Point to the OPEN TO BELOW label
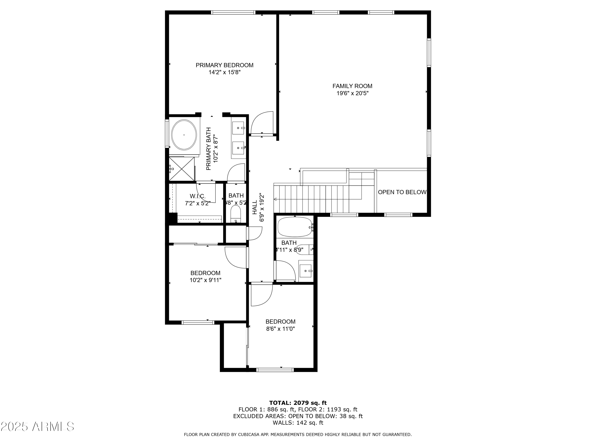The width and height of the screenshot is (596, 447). point(402,192)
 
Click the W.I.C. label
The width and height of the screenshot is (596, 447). point(197,196)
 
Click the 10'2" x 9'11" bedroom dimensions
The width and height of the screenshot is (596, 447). point(205,280)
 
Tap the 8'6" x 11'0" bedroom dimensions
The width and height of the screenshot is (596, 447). point(281,329)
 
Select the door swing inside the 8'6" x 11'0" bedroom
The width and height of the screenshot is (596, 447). point(261,295)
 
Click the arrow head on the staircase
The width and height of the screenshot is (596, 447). point(275,199)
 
